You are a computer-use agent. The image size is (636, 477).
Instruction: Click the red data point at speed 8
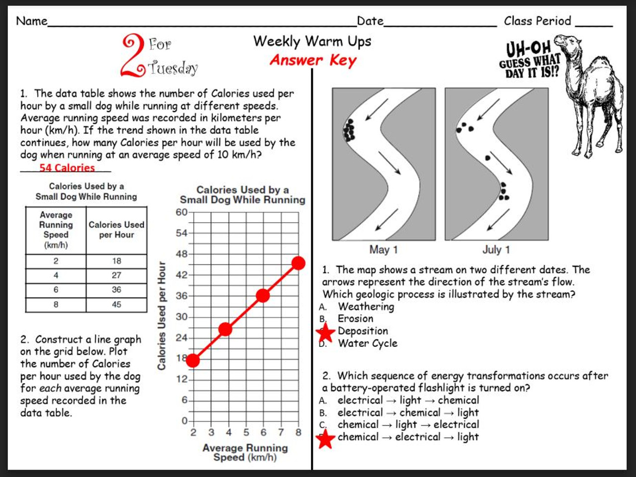pyautogui.click(x=298, y=263)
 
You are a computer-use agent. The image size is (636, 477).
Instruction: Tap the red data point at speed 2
pyautogui.click(x=193, y=361)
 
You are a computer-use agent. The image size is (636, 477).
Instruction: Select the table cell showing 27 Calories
pyautogui.click(x=116, y=275)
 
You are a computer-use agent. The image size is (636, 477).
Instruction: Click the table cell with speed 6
pyautogui.click(x=56, y=290)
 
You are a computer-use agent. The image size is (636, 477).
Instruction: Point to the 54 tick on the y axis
pyautogui.click(x=181, y=233)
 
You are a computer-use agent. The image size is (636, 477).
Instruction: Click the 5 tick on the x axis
pyautogui.click(x=246, y=432)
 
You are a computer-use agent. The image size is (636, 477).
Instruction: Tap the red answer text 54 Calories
pyautogui.click(x=67, y=168)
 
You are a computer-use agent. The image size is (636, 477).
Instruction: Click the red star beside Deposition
pyautogui.click(x=325, y=332)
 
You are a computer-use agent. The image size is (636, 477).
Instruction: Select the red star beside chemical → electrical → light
pyautogui.click(x=325, y=439)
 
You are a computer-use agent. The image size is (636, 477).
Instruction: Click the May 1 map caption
pyautogui.click(x=383, y=249)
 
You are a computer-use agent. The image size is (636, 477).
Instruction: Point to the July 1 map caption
pyautogui.click(x=496, y=249)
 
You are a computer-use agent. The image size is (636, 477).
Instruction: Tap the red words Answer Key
pyautogui.click(x=313, y=61)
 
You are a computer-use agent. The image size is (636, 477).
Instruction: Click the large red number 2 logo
pyautogui.click(x=133, y=56)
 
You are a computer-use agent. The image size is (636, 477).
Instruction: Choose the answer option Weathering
pyautogui.click(x=366, y=307)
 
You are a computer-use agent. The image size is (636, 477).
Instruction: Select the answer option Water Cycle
pyautogui.click(x=367, y=343)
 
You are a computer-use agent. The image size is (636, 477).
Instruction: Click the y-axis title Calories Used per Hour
pyautogui.click(x=161, y=316)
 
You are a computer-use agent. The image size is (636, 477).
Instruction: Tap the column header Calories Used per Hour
pyautogui.click(x=116, y=230)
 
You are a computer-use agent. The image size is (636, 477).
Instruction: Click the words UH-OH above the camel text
pyautogui.click(x=528, y=49)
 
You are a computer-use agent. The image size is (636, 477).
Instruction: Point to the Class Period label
pyautogui.click(x=537, y=21)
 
